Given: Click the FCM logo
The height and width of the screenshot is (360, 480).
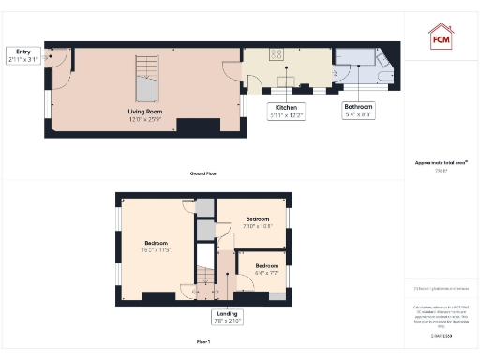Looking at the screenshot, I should [441, 37].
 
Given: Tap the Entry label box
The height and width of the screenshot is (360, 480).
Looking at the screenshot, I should [23, 56].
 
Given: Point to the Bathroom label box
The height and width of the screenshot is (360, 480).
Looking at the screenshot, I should [359, 111].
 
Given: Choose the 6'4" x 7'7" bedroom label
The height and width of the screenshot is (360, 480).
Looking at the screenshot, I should [266, 267].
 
